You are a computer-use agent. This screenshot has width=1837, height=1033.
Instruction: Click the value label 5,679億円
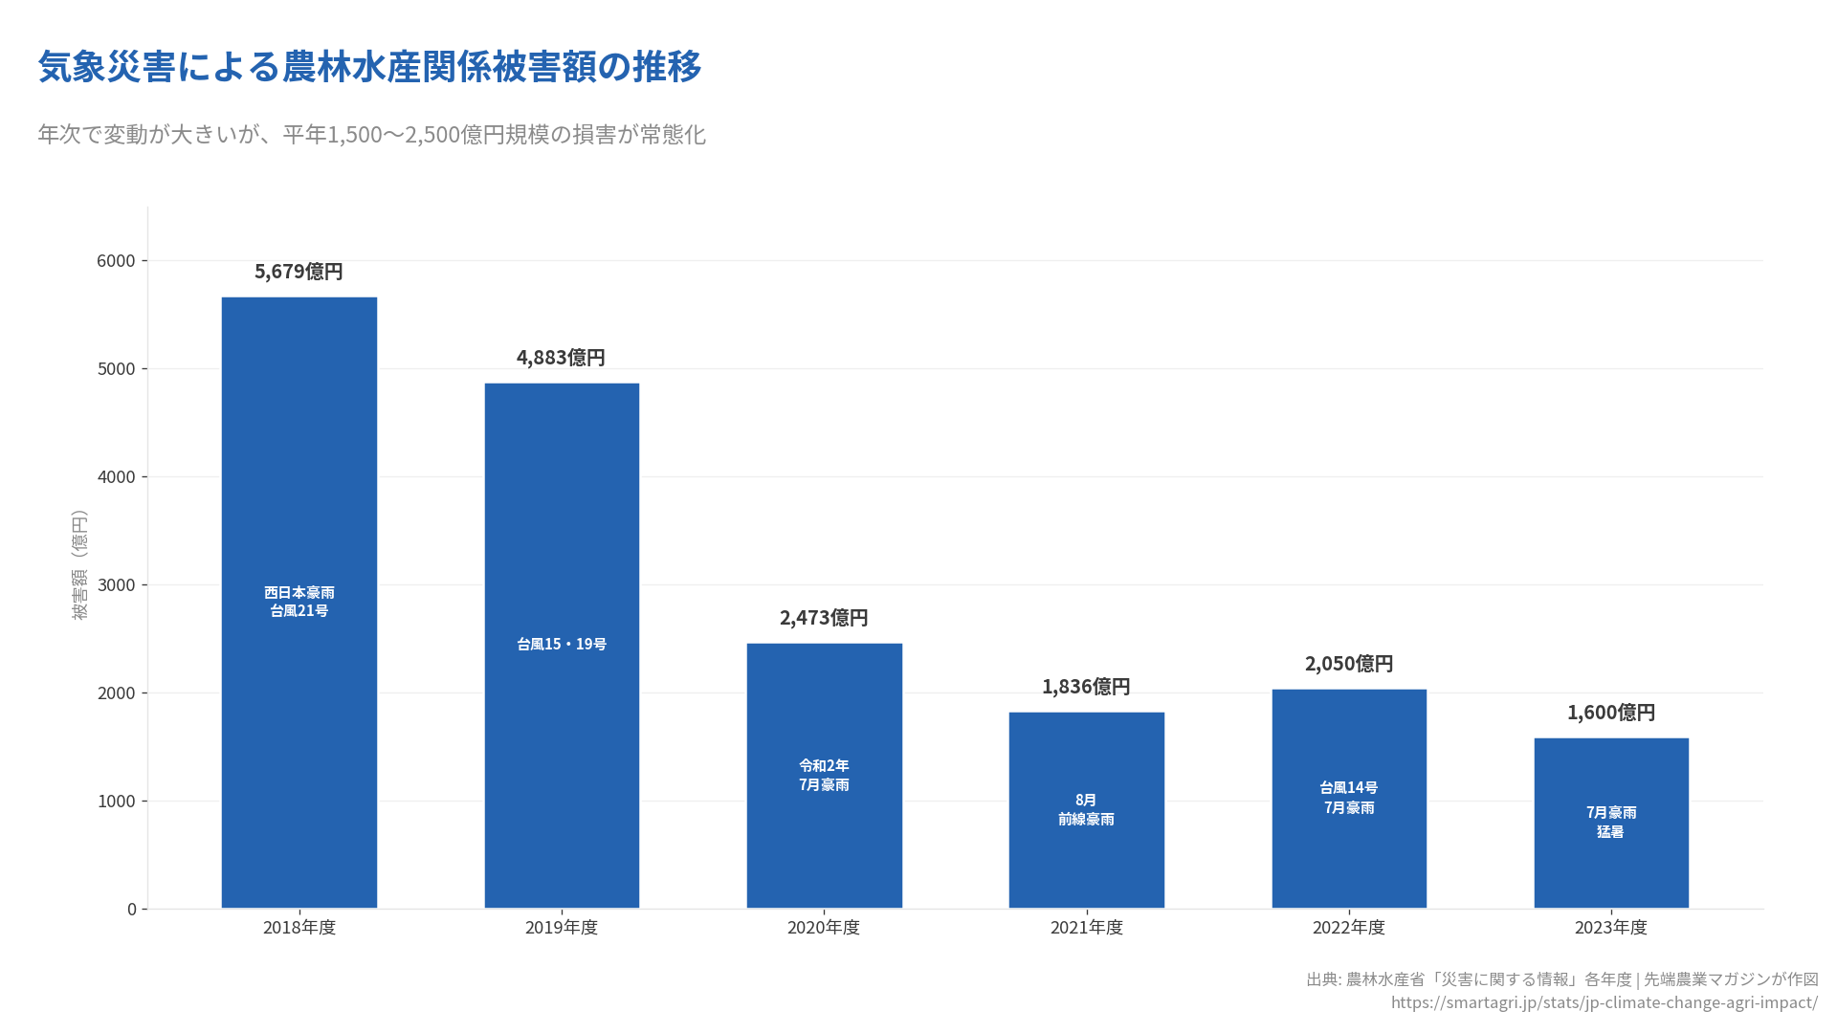(x=299, y=272)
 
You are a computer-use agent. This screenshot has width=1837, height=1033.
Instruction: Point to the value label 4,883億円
(x=561, y=358)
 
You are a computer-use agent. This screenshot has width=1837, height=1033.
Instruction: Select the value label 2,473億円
(x=824, y=618)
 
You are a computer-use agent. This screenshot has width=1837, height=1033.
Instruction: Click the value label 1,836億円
(x=1086, y=687)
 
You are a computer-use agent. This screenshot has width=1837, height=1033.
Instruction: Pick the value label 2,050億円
(x=1349, y=664)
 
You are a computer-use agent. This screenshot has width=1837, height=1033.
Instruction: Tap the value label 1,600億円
(x=1611, y=713)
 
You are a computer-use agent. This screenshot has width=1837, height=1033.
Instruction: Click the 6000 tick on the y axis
(x=116, y=261)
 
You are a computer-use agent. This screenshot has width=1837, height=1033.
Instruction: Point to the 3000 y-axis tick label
(x=116, y=585)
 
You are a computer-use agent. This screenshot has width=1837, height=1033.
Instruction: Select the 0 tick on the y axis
(x=132, y=910)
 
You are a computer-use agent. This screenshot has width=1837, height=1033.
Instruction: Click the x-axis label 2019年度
(x=561, y=928)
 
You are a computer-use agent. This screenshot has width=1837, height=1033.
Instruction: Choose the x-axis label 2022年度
(x=1349, y=928)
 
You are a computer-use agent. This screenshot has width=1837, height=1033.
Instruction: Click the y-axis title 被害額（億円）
(x=79, y=564)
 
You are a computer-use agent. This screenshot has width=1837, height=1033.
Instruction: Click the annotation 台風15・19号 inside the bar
(x=562, y=645)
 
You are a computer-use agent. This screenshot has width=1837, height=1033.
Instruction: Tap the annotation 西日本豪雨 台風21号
(x=299, y=602)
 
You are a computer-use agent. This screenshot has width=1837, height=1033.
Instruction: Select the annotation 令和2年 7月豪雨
(x=824, y=775)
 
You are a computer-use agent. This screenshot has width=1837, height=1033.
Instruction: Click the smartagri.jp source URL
(x=1604, y=1002)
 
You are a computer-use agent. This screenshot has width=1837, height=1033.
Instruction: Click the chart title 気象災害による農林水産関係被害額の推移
(x=369, y=67)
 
